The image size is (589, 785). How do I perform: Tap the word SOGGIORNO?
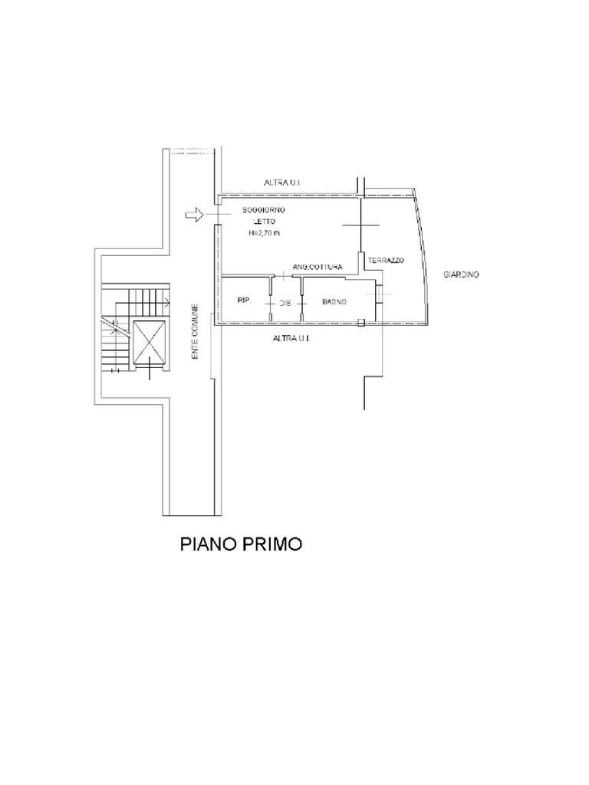(263, 210)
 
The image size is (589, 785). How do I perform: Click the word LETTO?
(263, 222)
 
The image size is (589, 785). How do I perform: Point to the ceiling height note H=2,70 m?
(264, 233)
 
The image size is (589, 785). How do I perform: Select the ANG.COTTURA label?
(317, 267)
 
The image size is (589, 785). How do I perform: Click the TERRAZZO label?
(385, 261)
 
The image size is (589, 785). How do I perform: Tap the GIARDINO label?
(461, 274)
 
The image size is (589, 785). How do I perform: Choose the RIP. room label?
(245, 301)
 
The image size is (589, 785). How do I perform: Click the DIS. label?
(286, 303)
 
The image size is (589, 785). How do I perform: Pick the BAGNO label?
(334, 302)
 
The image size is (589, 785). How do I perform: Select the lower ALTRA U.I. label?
(294, 337)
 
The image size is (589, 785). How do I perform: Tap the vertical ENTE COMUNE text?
(196, 333)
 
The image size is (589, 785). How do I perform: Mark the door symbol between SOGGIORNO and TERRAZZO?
(360, 225)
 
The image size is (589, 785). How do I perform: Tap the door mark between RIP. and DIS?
(271, 304)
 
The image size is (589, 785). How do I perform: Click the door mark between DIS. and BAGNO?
(301, 304)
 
